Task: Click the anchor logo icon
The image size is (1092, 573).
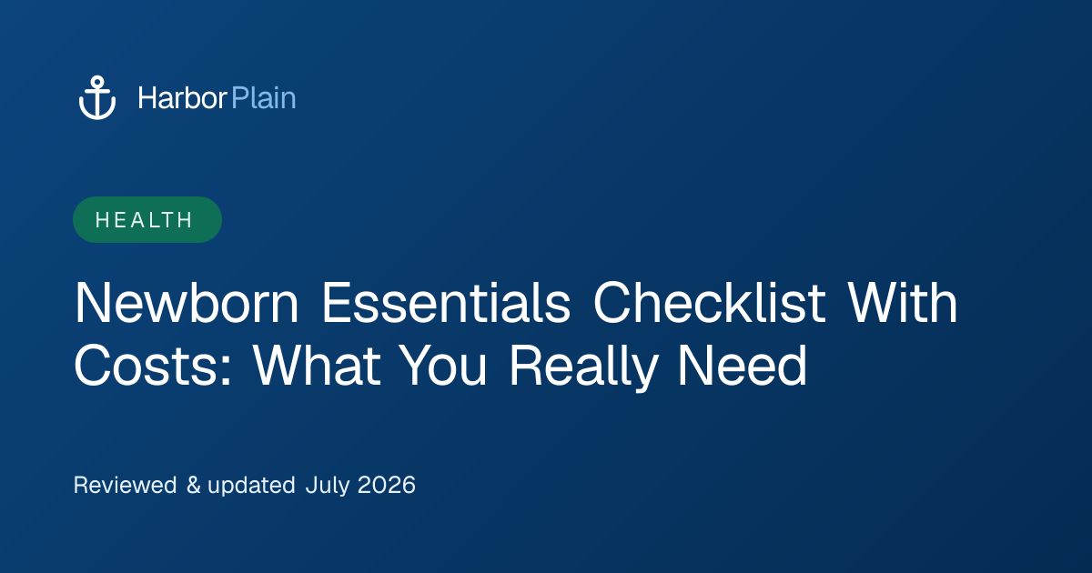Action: pos(97,97)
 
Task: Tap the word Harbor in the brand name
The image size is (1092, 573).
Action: pos(182,98)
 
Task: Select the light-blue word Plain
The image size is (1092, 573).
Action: pos(264,98)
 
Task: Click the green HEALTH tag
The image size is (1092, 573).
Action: pos(147,220)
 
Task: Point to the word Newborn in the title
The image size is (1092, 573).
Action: pos(187,303)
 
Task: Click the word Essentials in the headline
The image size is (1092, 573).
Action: pos(446,303)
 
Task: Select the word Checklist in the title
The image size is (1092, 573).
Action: pos(709,302)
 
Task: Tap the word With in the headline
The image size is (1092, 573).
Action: pos(903,302)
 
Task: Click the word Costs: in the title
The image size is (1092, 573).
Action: pos(153,366)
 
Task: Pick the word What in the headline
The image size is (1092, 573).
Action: pos(317,366)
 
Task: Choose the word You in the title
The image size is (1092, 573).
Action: pos(443,366)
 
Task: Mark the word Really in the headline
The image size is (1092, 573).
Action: pos(583,367)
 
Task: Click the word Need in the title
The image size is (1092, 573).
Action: pos(743,366)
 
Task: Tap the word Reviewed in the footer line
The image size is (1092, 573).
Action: pos(126,486)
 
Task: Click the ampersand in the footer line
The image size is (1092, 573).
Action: pos(194,486)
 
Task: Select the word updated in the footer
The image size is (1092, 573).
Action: pos(251,487)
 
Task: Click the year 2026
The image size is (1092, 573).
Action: pos(387,486)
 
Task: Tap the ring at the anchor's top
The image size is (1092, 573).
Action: pos(97,81)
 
